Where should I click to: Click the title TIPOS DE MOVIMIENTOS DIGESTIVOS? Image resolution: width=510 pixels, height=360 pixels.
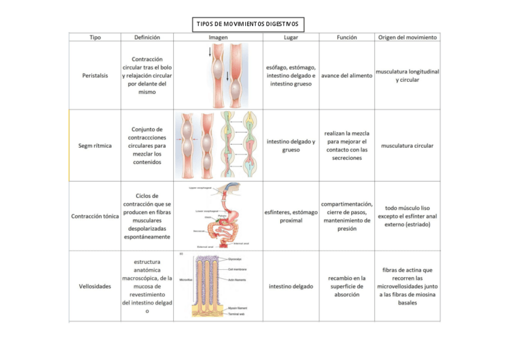(247, 25)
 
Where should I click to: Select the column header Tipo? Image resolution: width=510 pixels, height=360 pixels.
(95, 37)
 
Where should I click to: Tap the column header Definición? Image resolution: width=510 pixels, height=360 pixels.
(147, 37)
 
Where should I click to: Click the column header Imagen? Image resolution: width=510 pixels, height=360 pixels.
(218, 37)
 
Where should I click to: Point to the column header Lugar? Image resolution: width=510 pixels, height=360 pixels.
(290, 37)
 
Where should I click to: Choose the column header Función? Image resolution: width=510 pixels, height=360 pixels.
(346, 37)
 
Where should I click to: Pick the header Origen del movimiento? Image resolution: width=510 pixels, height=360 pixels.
(407, 37)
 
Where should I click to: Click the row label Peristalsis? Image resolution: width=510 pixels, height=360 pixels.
(95, 76)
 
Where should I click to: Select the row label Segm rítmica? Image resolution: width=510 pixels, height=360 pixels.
(95, 145)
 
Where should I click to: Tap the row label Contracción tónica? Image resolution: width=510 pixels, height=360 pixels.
(95, 216)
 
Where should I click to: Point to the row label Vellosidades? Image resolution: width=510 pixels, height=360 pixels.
(95, 286)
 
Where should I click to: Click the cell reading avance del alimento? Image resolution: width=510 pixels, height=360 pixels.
(346, 76)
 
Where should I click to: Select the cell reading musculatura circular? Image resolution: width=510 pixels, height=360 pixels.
(407, 145)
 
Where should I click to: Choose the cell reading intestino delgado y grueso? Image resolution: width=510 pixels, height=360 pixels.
(290, 145)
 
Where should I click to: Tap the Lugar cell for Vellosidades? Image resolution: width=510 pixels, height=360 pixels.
(290, 286)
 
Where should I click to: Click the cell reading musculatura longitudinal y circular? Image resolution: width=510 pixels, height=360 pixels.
(407, 76)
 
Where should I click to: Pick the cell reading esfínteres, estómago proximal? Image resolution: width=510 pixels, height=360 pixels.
(290, 216)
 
